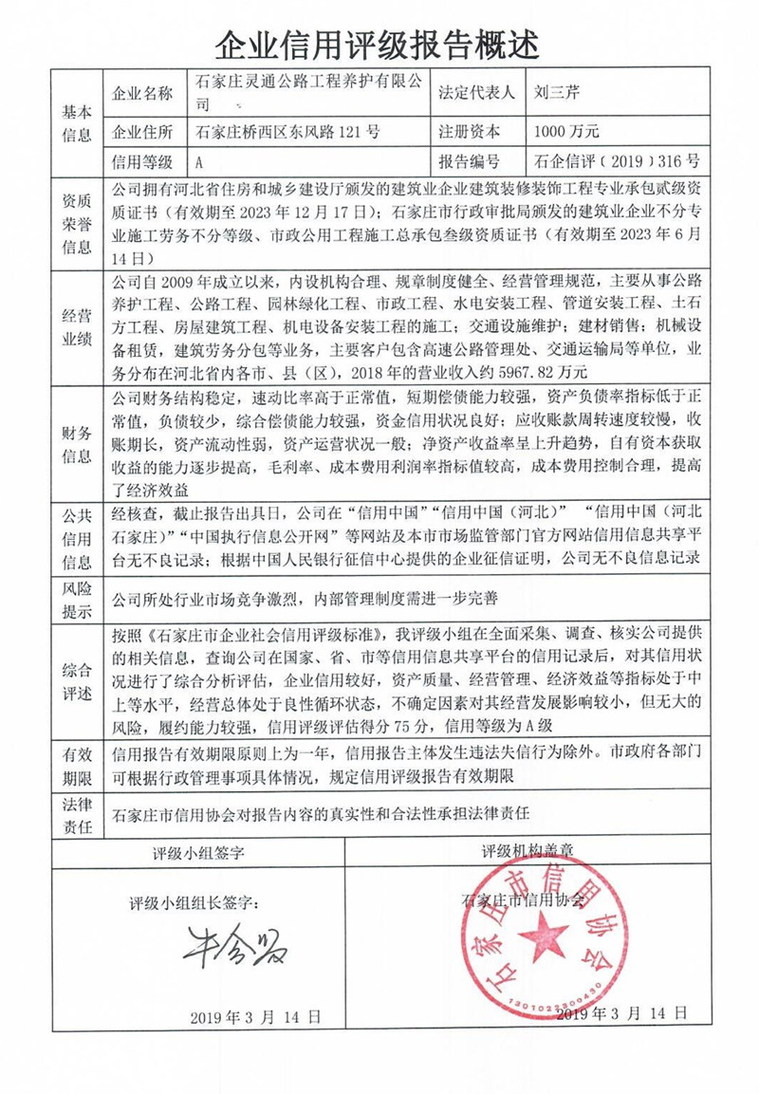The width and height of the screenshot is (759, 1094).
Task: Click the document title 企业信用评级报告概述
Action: (379, 43)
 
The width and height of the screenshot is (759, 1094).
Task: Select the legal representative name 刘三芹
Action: (562, 93)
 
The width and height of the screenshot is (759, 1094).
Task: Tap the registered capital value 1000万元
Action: (566, 132)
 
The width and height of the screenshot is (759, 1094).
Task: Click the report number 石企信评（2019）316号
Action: (616, 160)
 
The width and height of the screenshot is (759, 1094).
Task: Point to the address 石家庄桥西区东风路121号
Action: (287, 132)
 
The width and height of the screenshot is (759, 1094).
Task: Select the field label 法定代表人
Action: (476, 93)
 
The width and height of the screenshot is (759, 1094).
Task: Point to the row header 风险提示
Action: (77, 600)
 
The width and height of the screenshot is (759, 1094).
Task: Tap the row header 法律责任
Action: (77, 814)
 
